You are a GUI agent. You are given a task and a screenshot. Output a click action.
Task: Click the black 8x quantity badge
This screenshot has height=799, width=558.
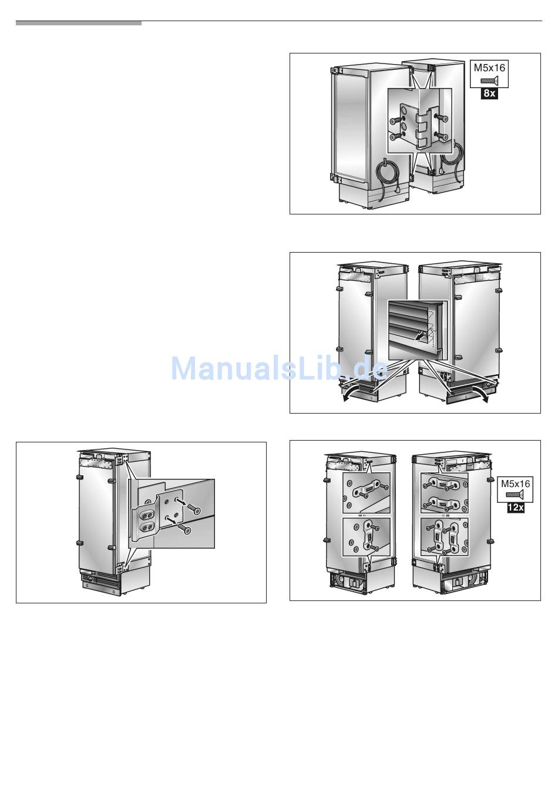point(489,93)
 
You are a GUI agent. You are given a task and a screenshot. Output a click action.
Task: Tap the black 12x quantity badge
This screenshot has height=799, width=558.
point(515,507)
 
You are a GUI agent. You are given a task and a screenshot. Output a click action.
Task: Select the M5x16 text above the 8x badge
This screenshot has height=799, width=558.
point(489,68)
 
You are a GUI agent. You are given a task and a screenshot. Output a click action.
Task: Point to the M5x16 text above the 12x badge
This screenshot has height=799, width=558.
point(516,484)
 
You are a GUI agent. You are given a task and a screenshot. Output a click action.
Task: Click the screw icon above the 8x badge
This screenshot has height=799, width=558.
point(489,80)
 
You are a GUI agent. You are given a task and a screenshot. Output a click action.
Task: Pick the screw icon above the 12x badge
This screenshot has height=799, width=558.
point(516,495)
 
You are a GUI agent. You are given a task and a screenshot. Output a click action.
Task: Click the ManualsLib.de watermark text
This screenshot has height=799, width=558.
point(280,368)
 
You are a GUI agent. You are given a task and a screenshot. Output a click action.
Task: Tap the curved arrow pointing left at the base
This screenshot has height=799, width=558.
point(357,392)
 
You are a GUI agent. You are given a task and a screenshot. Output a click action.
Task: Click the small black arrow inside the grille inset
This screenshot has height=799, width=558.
point(421,335)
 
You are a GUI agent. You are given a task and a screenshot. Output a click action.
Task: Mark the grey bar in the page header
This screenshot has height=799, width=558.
point(79,23)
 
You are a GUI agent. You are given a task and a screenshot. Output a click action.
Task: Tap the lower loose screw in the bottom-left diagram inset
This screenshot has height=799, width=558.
point(186,529)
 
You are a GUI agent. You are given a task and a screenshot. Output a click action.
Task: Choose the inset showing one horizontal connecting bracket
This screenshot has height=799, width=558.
point(366,493)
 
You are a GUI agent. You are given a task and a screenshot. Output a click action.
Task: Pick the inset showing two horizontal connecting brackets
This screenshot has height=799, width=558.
point(444,493)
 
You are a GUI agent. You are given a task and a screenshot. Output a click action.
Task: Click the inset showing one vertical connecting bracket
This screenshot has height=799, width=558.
point(366,537)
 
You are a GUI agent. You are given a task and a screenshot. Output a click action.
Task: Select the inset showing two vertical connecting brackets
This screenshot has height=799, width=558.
point(444,537)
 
